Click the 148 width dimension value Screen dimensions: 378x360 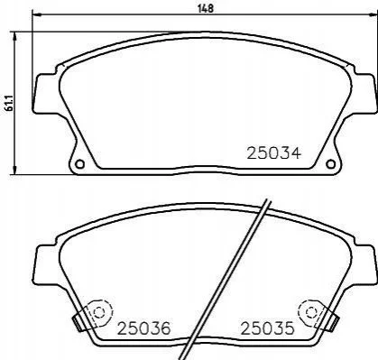206,8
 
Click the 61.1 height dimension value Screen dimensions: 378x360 9,102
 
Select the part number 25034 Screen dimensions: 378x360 273,153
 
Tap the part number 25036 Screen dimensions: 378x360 143,328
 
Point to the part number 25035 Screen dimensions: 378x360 267,328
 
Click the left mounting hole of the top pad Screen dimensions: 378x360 79,164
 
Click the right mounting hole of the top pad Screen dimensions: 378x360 330,164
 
